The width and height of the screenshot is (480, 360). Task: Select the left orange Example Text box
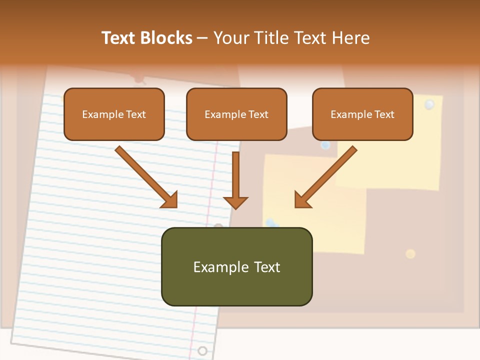click(x=114, y=114)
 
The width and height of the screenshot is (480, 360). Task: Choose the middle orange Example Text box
click(x=236, y=114)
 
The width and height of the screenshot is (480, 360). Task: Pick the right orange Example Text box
click(x=362, y=114)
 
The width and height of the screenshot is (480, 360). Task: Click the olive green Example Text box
click(x=236, y=266)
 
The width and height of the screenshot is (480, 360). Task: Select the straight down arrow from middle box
click(x=235, y=180)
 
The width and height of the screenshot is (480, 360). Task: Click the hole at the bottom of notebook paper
click(x=202, y=350)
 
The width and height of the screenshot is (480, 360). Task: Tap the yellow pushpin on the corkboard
click(x=410, y=254)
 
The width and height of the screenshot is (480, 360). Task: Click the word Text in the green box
click(x=266, y=267)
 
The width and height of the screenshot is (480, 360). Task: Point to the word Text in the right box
click(x=384, y=114)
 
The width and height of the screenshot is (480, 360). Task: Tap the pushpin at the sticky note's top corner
click(x=429, y=104)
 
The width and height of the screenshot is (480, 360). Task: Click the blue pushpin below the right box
click(x=325, y=145)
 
